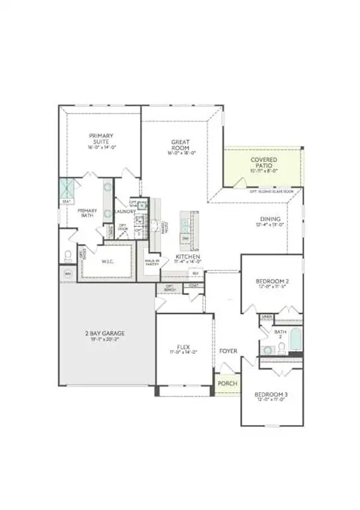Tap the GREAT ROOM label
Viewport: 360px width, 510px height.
tap(181, 143)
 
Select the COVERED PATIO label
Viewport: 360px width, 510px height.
tap(264, 163)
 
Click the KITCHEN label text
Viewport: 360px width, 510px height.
tap(184, 256)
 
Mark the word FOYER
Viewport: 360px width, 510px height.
tap(228, 351)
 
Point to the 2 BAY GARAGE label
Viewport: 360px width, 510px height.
tap(104, 333)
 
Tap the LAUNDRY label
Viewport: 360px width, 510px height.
tap(124, 212)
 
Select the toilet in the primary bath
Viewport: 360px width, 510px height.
tap(68, 256)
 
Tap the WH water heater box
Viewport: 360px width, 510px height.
tap(68, 273)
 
